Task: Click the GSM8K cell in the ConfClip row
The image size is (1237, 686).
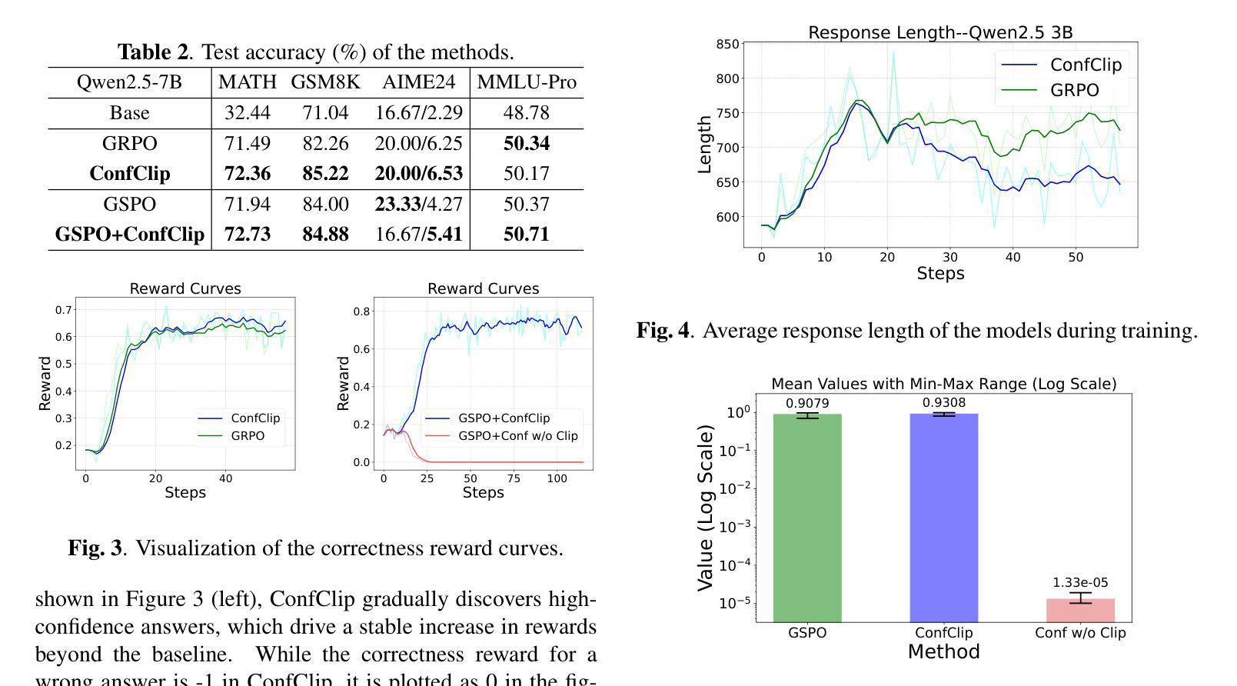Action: point(325,174)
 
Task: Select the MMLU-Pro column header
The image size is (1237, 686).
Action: point(527,82)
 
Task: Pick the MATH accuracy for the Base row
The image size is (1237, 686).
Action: point(248,113)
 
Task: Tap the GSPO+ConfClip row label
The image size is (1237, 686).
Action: point(130,235)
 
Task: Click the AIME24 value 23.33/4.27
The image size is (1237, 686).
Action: point(419,205)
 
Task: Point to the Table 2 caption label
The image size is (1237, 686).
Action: point(153,52)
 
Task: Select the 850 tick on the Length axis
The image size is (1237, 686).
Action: point(728,45)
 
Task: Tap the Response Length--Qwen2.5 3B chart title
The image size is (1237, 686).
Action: point(940,32)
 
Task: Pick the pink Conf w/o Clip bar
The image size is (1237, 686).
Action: point(1080,610)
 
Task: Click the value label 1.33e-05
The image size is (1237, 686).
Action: point(1080,583)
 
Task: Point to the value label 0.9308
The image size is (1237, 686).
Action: point(944,402)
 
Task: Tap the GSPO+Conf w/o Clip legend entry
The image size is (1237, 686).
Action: point(517,436)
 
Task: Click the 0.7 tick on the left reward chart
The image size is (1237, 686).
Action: point(64,310)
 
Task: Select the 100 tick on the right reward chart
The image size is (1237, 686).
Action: point(557,478)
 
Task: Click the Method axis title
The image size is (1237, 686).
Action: point(943,652)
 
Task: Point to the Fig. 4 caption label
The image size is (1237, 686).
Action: point(664,331)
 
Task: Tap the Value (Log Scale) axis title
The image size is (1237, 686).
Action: point(705,508)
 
